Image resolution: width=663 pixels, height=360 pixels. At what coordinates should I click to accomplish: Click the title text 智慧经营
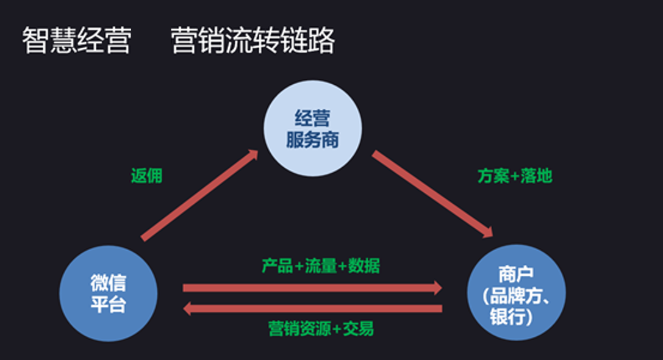click(x=76, y=41)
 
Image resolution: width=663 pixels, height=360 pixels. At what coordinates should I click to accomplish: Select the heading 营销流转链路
click(x=253, y=41)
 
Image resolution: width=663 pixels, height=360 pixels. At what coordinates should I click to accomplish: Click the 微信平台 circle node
click(x=109, y=293)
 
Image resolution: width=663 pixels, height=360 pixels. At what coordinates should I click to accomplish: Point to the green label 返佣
click(x=146, y=176)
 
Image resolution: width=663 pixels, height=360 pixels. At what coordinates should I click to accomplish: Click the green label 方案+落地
click(x=515, y=176)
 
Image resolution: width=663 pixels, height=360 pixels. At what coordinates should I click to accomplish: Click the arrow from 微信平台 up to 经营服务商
click(x=200, y=195)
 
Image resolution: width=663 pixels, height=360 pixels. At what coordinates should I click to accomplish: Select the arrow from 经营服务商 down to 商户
click(x=433, y=194)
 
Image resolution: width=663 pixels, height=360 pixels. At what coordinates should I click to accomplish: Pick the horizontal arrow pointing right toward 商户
click(x=312, y=287)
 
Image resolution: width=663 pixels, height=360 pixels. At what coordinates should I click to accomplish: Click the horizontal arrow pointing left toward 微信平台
click(x=312, y=309)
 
